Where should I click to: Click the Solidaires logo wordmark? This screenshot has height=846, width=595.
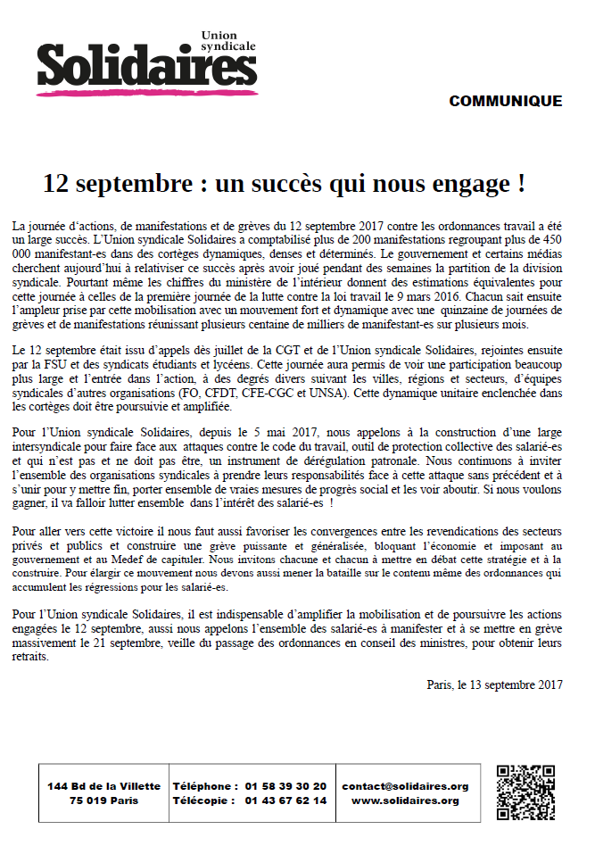pos(140,64)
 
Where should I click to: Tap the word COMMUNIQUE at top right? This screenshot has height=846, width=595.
pos(505,101)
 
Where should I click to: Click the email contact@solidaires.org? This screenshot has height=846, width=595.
pos(405,786)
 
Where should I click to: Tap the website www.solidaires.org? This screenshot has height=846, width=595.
pos(405,800)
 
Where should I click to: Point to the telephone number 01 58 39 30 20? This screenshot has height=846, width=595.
pos(285,786)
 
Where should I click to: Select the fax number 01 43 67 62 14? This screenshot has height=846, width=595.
pos(285,800)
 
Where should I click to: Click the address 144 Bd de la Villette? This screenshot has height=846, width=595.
pos(103,786)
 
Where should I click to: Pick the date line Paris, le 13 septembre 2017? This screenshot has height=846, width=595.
pos(494,684)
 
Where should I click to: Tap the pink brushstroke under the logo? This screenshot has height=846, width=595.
pos(143,90)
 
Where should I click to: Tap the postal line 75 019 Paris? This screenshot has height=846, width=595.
pos(103,800)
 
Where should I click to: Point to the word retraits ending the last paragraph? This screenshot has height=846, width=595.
pos(32,657)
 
